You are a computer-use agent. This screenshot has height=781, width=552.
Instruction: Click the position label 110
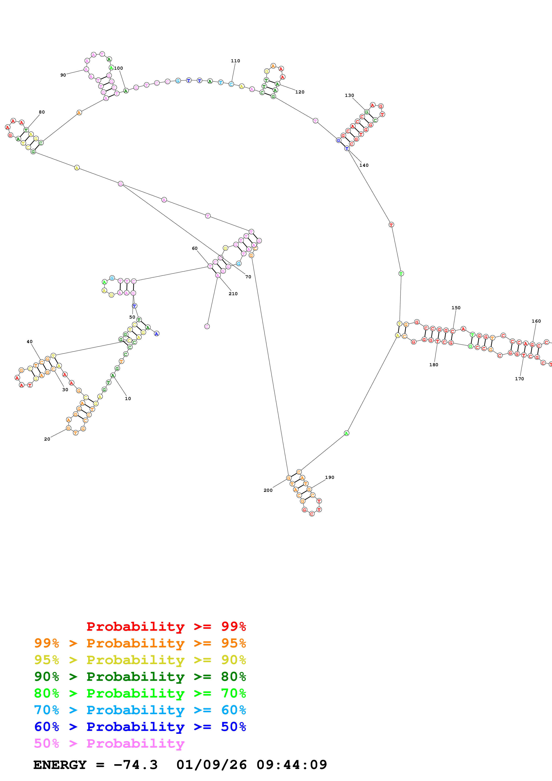point(235,61)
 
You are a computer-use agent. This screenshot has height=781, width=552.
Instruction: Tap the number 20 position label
point(47,439)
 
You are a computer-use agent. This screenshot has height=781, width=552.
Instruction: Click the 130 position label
point(349,95)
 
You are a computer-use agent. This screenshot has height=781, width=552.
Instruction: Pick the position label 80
point(41,112)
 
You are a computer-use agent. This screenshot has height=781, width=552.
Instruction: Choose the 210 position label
point(233,294)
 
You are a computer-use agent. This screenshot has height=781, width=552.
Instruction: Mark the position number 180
point(434,365)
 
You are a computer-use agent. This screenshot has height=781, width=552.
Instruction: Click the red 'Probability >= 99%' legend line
point(166,626)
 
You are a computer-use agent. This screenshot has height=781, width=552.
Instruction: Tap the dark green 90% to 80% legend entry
point(140,677)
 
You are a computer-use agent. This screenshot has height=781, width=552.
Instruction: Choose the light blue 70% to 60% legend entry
point(140,710)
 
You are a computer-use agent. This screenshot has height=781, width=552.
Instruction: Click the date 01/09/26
point(212,765)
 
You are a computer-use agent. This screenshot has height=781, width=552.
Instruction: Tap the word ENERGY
point(60,765)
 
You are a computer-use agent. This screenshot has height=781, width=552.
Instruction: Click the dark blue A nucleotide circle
point(157,334)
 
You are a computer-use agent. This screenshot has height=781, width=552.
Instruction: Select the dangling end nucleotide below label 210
point(207,327)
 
